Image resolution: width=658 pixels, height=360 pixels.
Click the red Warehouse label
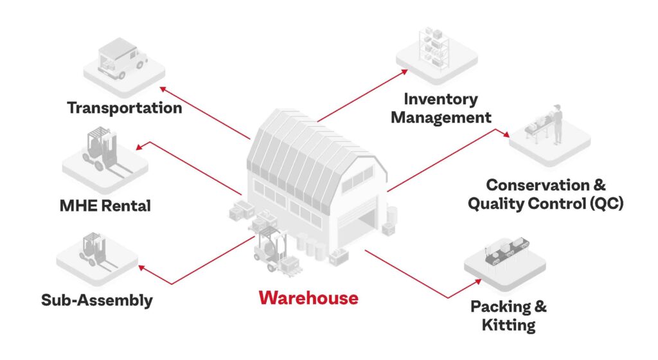click(x=308, y=298)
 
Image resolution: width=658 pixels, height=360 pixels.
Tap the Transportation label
click(x=125, y=108)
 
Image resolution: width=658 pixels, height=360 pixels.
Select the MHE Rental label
click(x=105, y=206)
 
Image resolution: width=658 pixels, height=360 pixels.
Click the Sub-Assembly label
click(x=97, y=300)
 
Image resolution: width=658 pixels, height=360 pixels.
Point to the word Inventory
click(x=441, y=99)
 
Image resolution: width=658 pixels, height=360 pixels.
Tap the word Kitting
click(x=509, y=325)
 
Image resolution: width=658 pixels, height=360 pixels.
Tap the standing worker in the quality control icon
click(x=557, y=124)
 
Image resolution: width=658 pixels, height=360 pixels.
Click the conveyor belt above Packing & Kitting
click(x=506, y=252)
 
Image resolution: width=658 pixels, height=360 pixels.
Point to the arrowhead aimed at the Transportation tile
click(x=163, y=89)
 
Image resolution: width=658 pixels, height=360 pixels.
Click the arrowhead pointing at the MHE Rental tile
click(x=139, y=147)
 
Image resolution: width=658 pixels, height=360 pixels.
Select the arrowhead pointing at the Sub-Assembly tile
click(x=142, y=267)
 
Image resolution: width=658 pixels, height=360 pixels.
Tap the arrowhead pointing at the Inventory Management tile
click(x=404, y=72)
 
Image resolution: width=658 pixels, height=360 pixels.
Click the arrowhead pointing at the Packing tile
click(x=477, y=282)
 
